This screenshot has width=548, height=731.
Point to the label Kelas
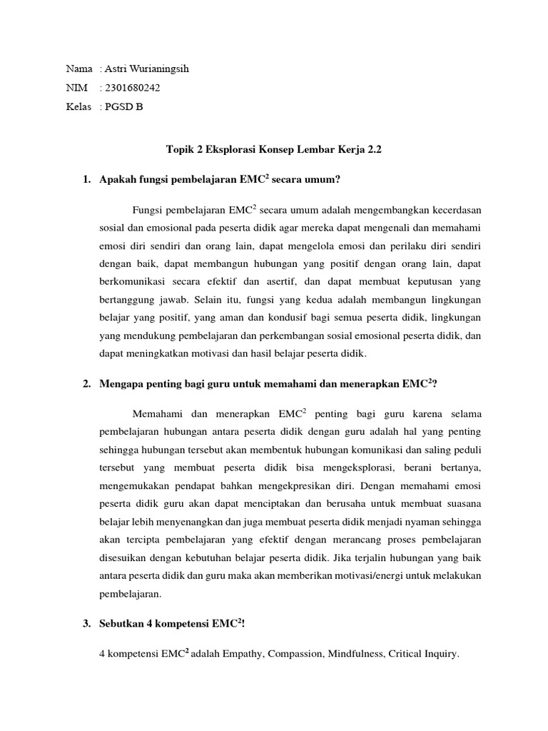point(78,107)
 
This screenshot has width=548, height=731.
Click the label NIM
point(76,88)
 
